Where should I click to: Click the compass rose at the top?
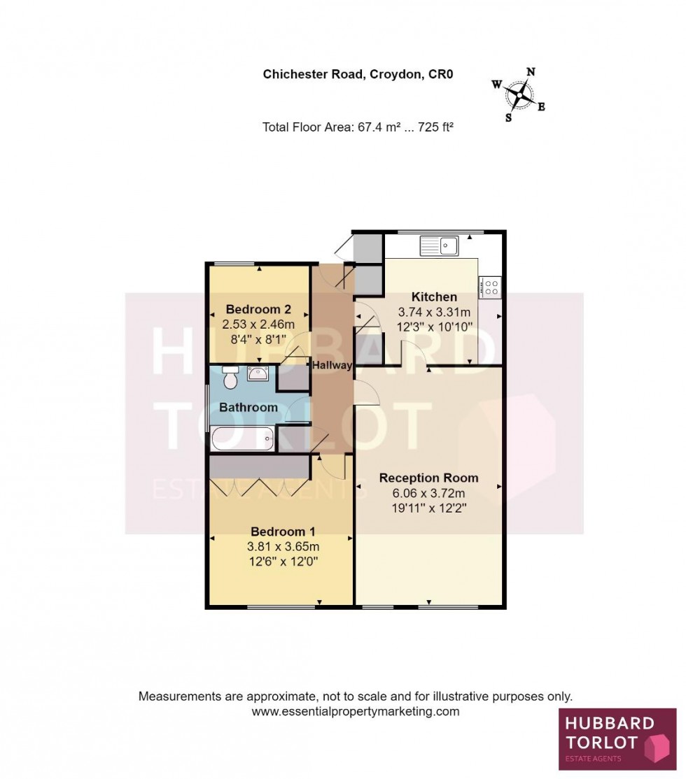[519, 94]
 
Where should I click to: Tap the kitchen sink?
[439, 245]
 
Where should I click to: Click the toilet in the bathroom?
[230, 378]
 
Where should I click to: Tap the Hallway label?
[332, 365]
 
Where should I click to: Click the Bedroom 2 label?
[258, 309]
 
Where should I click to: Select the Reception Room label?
[428, 478]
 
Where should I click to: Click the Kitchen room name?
[434, 296]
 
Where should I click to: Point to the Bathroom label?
[248, 407]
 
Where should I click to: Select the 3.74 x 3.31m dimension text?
[434, 312]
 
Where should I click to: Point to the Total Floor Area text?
[353, 127]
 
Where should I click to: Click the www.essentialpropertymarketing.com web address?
[355, 711]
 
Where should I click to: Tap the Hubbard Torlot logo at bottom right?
[617, 739]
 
